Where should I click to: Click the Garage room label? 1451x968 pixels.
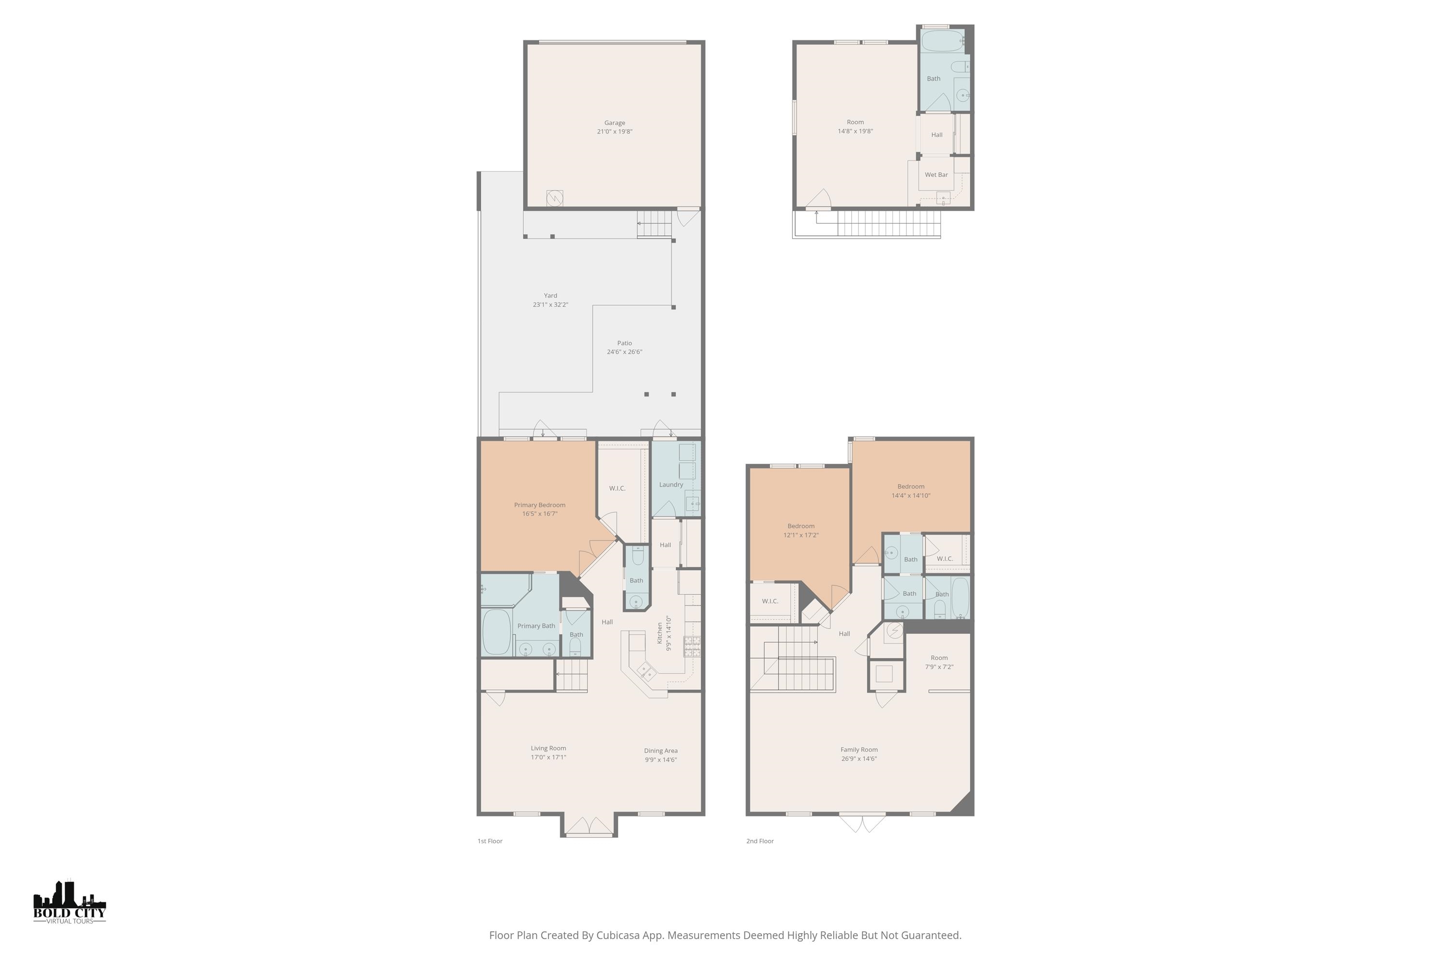614,123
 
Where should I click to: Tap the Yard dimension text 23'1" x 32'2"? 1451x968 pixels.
550,304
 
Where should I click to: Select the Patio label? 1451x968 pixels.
624,343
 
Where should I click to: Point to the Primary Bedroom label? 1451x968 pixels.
540,505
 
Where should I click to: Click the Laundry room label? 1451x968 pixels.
671,484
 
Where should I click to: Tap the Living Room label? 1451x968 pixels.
548,748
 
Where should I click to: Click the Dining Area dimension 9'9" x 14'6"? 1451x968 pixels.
661,759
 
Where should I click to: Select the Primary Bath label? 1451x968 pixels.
536,626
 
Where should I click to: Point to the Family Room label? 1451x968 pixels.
859,749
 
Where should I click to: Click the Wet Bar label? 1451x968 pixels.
936,175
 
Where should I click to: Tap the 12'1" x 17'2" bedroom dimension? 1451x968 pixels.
801,535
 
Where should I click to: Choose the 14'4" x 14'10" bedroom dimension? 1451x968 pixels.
911,495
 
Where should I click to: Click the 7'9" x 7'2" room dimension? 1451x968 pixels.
939,667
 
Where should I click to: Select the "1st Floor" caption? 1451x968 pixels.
490,841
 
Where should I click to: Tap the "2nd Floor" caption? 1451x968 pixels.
760,841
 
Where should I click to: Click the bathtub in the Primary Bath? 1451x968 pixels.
496,632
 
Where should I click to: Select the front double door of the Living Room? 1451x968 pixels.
589,827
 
